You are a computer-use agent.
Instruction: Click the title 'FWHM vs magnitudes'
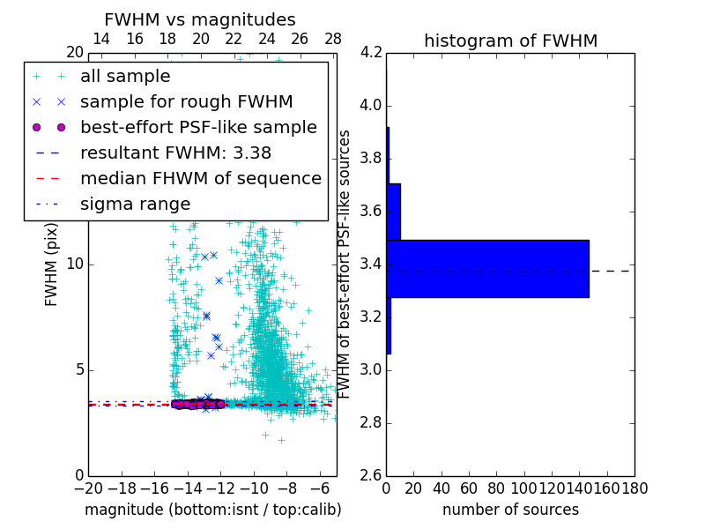pyautogui.click(x=200, y=19)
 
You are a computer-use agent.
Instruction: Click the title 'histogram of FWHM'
pyautogui.click(x=510, y=41)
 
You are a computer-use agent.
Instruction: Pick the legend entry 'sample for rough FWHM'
pyautogui.click(x=186, y=101)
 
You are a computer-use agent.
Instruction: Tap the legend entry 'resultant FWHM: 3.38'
pyautogui.click(x=175, y=153)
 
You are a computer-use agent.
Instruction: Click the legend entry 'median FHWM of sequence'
pyautogui.click(x=200, y=178)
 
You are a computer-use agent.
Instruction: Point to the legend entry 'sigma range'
pyautogui.click(x=135, y=204)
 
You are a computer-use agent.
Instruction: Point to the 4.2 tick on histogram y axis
pyautogui.click(x=372, y=53)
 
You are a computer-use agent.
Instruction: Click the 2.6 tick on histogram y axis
pyautogui.click(x=372, y=476)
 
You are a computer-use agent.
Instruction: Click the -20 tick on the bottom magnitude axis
pyautogui.click(x=88, y=488)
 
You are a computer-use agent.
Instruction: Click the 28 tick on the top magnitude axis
pyautogui.click(x=333, y=39)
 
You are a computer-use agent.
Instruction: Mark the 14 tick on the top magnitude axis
pyautogui.click(x=101, y=39)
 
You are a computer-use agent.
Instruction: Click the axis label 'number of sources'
pyautogui.click(x=510, y=510)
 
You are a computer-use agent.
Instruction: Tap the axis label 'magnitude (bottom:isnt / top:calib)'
pyautogui.click(x=212, y=510)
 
